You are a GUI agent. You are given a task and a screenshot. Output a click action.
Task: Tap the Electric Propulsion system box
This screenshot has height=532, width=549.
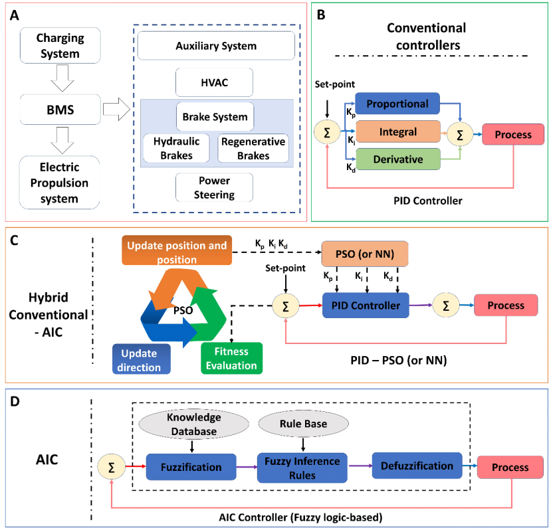(59, 180)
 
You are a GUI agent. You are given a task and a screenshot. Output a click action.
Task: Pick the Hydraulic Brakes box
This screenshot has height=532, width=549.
(177, 149)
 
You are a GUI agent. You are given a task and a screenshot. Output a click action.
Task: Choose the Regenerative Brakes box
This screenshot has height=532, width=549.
(253, 149)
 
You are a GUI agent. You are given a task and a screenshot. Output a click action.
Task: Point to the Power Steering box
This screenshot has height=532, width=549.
(215, 188)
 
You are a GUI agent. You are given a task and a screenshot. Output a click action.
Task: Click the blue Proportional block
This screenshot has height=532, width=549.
(397, 104)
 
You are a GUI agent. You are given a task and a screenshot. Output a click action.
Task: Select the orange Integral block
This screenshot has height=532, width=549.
(397, 133)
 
